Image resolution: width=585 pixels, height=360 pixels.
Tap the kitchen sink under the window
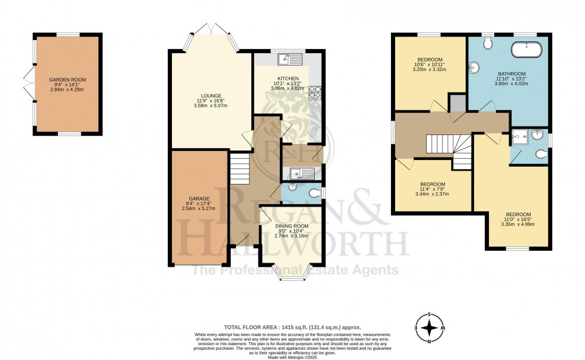(x=291, y=59)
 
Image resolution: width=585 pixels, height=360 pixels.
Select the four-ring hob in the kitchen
(x=315, y=92)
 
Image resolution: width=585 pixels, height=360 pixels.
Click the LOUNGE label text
(x=211, y=96)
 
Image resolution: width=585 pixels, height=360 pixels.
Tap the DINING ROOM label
(x=291, y=226)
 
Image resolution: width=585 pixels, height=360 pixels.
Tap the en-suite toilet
(x=541, y=155)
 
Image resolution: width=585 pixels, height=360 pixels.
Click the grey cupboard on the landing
(x=458, y=103)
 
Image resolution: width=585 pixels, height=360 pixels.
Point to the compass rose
(x=429, y=328)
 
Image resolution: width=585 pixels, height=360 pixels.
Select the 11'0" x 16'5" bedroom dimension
(x=519, y=219)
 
